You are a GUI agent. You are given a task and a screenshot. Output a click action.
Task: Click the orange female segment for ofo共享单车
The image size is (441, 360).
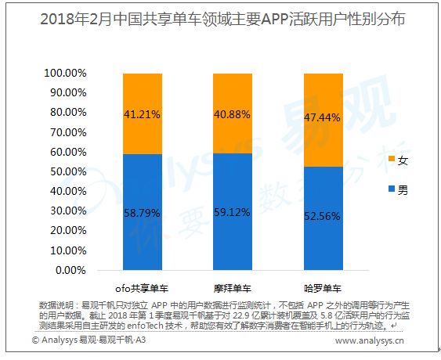click(143, 113)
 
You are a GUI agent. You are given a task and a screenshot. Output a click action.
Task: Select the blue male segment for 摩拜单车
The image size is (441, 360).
click(233, 211)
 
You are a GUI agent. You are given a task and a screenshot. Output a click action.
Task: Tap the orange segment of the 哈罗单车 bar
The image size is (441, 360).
click(324, 121)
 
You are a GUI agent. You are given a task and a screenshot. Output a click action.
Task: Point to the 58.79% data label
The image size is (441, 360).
click(142, 213)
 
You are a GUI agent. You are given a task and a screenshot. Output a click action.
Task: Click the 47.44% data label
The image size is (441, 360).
click(322, 117)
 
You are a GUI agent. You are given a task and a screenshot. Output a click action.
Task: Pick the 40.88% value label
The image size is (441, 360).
click(232, 115)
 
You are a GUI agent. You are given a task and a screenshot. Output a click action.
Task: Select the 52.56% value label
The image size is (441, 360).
click(322, 217)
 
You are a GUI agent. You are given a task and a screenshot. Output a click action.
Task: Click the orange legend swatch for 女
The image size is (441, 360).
click(392, 159)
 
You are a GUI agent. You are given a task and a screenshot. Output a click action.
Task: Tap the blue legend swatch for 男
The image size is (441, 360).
click(392, 189)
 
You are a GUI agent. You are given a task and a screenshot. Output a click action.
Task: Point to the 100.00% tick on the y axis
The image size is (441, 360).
click(65, 74)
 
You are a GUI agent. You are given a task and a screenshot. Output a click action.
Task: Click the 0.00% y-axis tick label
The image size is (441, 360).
click(70, 270)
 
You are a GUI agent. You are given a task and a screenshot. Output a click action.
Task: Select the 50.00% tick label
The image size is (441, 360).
click(68, 171)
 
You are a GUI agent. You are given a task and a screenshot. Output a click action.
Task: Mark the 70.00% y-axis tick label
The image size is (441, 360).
click(68, 132)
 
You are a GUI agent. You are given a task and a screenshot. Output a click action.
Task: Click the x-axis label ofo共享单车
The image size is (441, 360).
click(142, 289)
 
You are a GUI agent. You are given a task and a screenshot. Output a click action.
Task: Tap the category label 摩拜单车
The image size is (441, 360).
click(233, 289)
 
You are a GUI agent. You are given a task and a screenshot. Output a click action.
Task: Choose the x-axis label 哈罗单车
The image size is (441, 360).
click(323, 289)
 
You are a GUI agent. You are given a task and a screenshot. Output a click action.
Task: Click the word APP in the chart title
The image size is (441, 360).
click(274, 20)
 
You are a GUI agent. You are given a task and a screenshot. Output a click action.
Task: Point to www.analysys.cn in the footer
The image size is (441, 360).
click(369, 341)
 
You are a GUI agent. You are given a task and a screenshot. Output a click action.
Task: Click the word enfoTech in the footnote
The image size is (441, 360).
click(145, 326)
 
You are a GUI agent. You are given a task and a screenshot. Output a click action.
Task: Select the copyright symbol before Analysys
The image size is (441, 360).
click(36, 340)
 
